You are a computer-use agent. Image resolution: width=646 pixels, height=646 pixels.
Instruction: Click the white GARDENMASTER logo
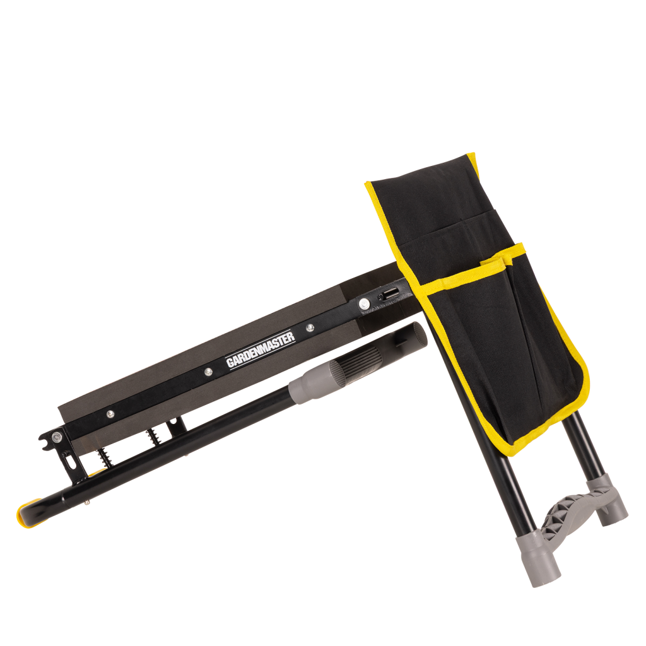pos(261,349)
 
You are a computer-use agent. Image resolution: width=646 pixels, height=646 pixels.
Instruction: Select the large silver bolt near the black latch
pos(364,303)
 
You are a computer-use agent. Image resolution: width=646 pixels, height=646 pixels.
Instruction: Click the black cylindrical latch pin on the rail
pos(388,294)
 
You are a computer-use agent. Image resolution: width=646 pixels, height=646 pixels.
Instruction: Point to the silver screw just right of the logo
pos(310,327)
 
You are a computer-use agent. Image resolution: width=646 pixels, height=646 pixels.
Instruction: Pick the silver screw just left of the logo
pos(209,372)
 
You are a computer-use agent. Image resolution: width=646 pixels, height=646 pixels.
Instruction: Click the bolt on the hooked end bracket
pos(57,437)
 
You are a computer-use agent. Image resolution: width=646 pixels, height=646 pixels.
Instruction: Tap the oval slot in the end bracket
pos(71,461)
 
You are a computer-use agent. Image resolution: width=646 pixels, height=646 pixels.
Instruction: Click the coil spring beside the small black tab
pos(153,436)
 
